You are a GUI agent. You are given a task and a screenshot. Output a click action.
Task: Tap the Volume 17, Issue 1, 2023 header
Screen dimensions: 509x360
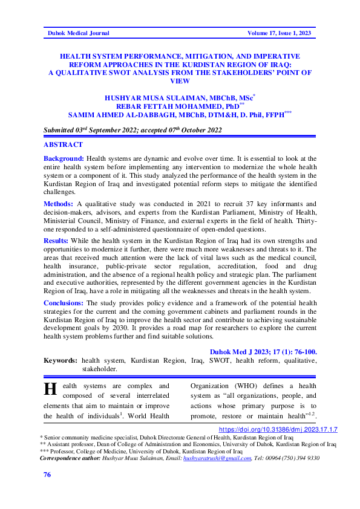click(281, 33)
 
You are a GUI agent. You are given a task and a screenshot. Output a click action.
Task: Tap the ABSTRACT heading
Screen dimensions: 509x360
click(63, 145)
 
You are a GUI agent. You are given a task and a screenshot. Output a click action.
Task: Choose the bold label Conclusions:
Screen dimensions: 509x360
click(65, 302)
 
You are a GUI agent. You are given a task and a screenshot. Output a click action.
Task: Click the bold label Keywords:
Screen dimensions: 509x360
click(61, 360)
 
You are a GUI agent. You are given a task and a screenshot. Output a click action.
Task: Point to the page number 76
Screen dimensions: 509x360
click(47, 475)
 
